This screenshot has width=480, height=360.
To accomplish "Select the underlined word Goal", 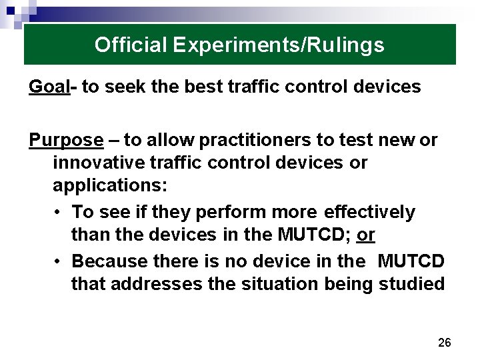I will (x=49, y=87).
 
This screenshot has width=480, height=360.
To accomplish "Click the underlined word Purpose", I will (x=66, y=141).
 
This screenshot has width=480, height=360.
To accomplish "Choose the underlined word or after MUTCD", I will (x=366, y=235).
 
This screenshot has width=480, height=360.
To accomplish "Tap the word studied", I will (x=411, y=283).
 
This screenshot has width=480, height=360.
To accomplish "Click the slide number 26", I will (x=445, y=343).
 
